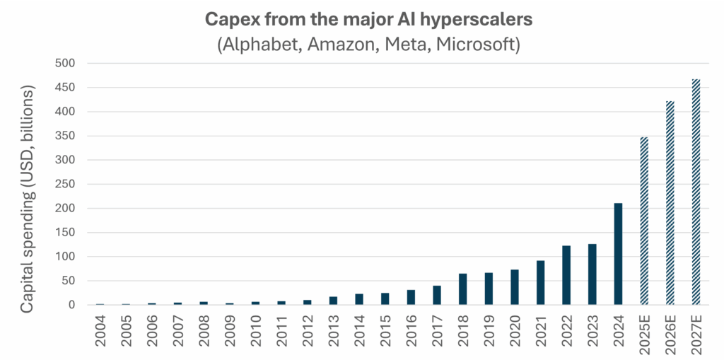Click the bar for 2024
[618, 254]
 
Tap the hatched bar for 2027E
[696, 192]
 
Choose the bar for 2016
[411, 297]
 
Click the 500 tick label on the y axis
[65, 64]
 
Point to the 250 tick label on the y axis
[65, 185]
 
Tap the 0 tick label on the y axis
[71, 305]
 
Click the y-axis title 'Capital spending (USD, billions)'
[28, 199]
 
